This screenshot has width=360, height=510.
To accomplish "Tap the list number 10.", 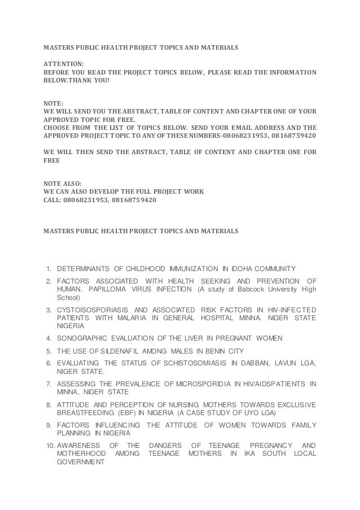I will (x=49, y=445).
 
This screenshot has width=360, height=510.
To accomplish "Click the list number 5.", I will (x=50, y=351).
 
